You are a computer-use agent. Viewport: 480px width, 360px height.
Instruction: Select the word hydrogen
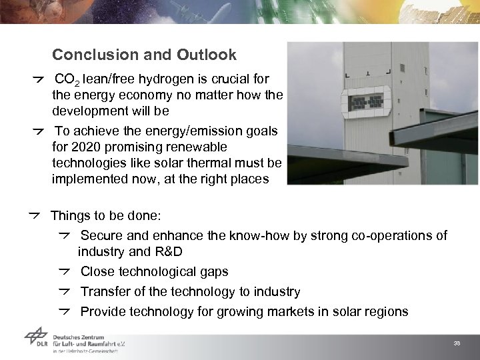click(x=164, y=79)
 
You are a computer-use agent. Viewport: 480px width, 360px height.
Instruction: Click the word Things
click(x=70, y=216)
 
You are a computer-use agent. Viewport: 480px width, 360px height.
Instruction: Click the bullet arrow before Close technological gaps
click(x=65, y=271)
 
